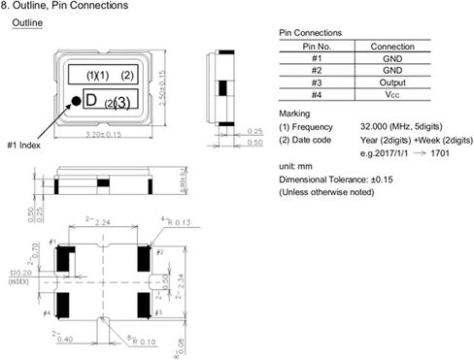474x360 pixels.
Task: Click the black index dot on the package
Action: tap(74, 101)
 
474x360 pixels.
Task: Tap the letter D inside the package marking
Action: tap(89, 100)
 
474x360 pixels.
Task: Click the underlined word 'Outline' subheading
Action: tap(25, 21)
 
